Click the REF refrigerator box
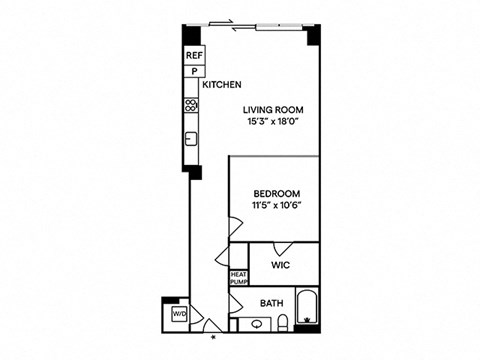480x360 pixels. click(193, 57)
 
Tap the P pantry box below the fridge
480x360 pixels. click(193, 72)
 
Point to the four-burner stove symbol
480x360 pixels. click(189, 105)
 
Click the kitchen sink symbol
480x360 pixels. click(189, 138)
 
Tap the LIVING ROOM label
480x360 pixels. click(273, 109)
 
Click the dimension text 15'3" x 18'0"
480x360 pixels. click(273, 122)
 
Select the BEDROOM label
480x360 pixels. click(276, 193)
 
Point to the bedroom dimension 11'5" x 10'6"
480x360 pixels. click(276, 206)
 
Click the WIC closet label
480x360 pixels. click(281, 265)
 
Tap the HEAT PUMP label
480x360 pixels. click(238, 278)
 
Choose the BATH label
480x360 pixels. click(271, 303)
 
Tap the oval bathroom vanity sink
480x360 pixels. click(257, 323)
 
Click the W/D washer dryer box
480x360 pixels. click(179, 314)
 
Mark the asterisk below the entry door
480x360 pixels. click(212, 338)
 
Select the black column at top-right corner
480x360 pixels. click(313, 36)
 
